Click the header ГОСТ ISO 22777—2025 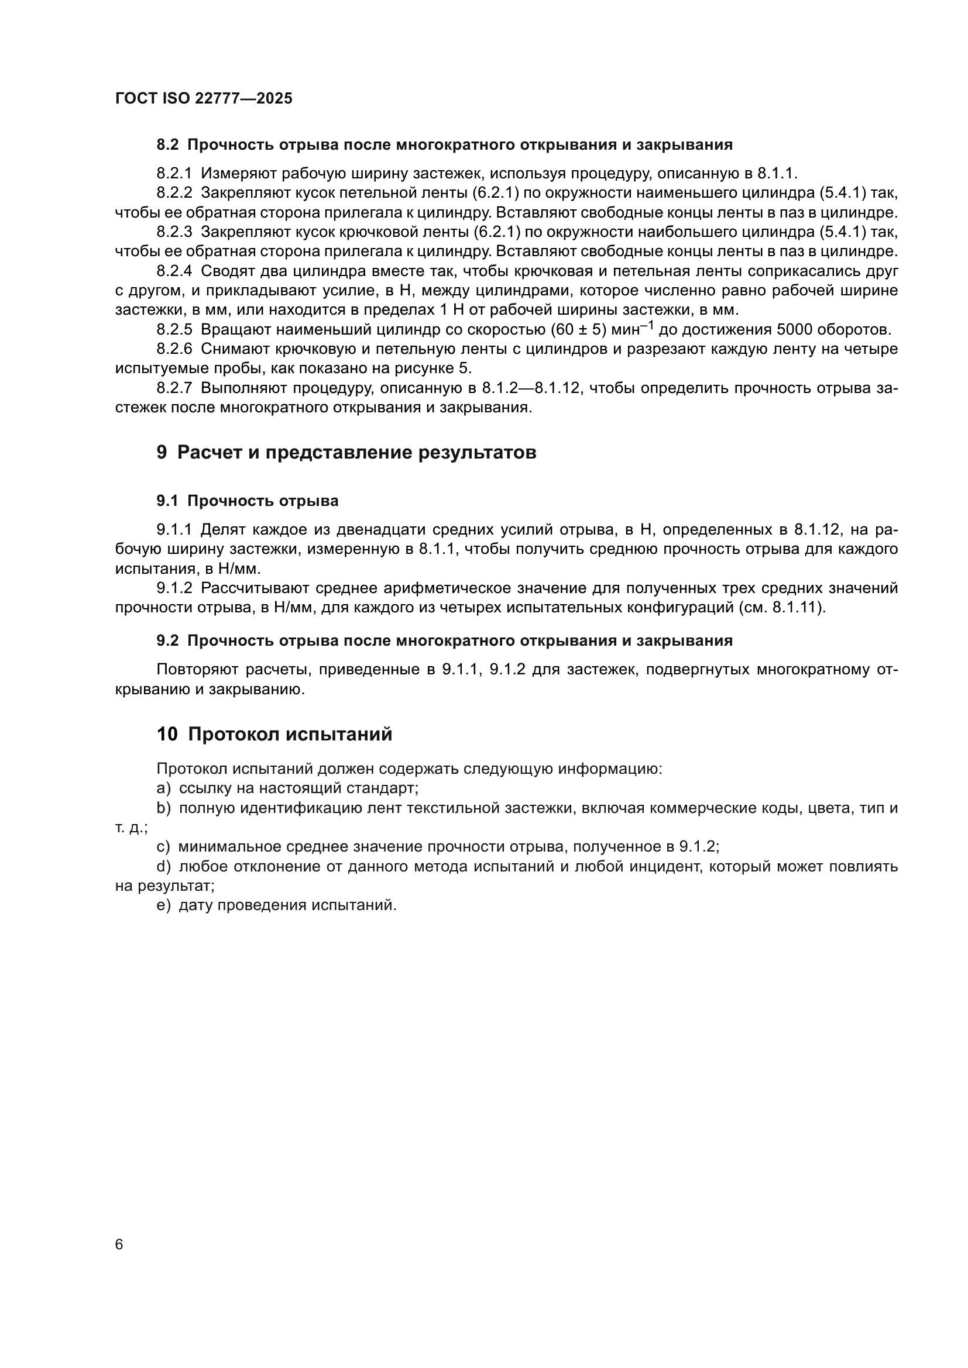tap(204, 98)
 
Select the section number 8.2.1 tap(174, 173)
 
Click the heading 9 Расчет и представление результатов tap(346, 452)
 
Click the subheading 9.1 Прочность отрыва tap(248, 501)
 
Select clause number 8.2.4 tap(174, 271)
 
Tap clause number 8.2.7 tap(174, 388)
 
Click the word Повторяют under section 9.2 tap(197, 669)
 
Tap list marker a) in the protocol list tap(163, 788)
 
